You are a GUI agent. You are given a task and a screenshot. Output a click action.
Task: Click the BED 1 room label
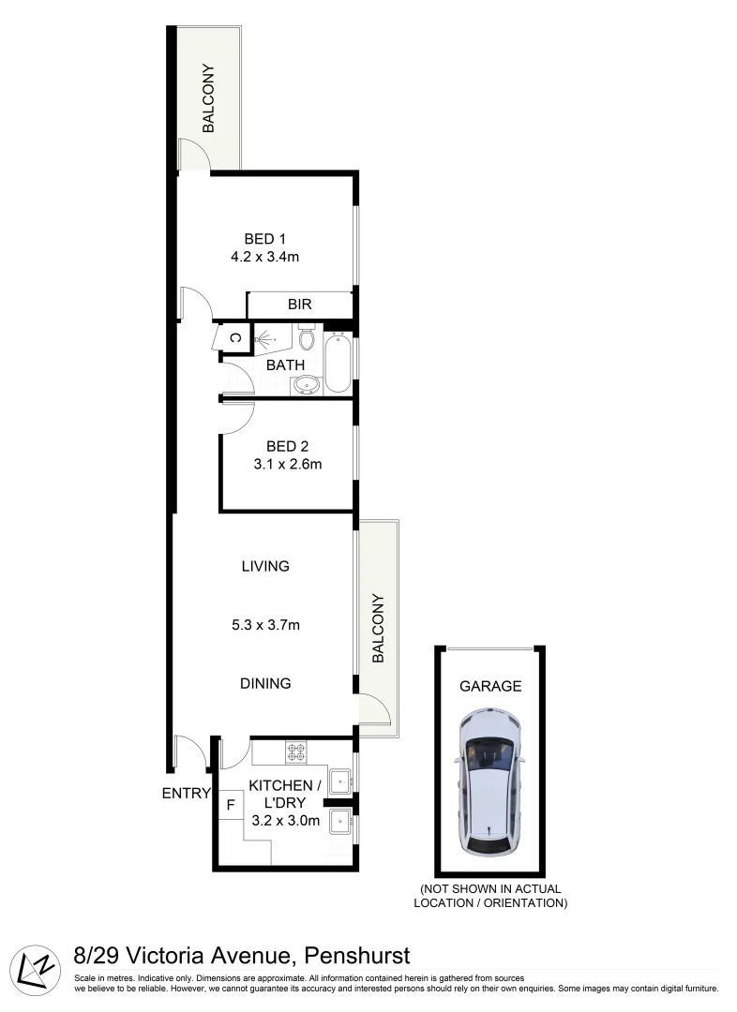[x=259, y=239]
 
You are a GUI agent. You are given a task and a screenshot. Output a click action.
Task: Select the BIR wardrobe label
[x=299, y=305]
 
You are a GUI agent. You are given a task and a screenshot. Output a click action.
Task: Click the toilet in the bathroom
[x=306, y=336]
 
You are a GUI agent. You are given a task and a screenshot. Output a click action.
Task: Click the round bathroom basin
[x=306, y=384]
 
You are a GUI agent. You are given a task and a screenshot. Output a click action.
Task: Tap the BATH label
[x=284, y=365]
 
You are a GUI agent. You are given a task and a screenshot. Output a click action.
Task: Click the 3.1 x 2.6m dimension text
[x=288, y=463]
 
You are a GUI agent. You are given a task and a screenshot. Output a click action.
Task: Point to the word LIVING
[x=265, y=566]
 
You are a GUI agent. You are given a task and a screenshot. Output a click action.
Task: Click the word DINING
[x=265, y=683]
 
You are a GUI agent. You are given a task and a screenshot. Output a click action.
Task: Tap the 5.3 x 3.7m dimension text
[x=265, y=625]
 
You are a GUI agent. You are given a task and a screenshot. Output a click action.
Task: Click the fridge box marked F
[x=230, y=804]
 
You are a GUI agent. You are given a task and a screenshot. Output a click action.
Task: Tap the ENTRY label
[x=186, y=793]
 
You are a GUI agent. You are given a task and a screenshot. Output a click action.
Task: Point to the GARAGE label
[x=489, y=686]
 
